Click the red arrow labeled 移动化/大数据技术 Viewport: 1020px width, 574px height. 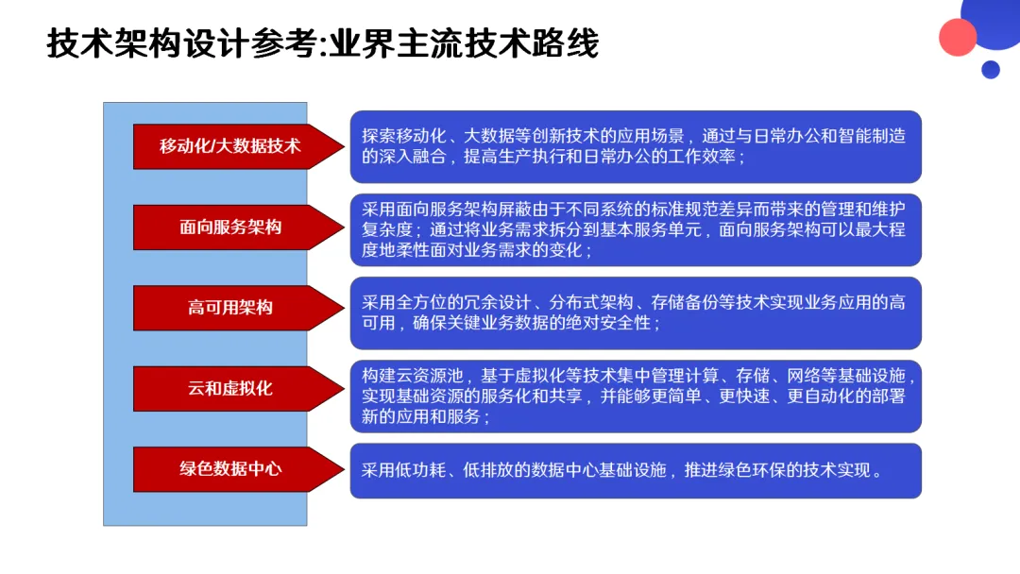point(230,145)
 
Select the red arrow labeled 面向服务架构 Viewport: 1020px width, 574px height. point(230,227)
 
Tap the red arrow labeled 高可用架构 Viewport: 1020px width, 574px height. point(230,308)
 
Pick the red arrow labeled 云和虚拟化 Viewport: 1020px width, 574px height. point(230,388)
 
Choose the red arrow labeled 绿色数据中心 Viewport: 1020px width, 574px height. point(230,469)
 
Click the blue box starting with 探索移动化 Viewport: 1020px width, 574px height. point(635,146)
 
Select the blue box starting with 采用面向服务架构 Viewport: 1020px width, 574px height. point(635,229)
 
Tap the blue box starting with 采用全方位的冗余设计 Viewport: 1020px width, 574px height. point(635,312)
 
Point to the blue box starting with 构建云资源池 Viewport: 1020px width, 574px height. point(635,396)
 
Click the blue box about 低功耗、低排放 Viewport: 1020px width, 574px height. point(635,470)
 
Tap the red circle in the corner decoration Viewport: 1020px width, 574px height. point(958,37)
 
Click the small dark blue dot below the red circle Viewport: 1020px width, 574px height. point(990,69)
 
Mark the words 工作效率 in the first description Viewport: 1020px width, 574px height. point(701,157)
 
